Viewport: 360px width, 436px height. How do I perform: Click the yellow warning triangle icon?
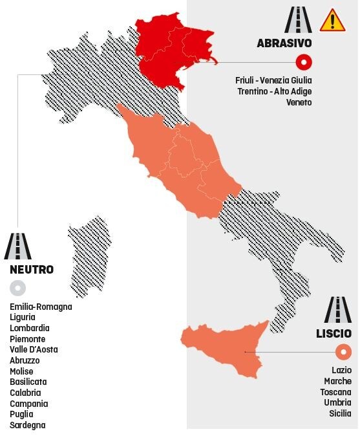(332, 20)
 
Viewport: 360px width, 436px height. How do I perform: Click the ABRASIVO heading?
(284, 43)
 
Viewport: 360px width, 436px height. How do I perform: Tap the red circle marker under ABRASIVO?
(304, 62)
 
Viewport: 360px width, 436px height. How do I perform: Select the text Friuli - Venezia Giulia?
(273, 80)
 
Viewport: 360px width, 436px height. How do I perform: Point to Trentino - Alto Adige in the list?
(275, 91)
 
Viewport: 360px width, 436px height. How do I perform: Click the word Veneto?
(299, 102)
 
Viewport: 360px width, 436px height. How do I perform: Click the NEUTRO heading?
(32, 269)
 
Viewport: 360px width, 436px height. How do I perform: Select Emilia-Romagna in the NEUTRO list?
(41, 307)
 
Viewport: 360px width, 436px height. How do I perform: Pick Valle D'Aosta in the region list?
(34, 349)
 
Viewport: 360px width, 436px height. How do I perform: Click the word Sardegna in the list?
(28, 425)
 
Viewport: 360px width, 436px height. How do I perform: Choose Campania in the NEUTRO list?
(28, 404)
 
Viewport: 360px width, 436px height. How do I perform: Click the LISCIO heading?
(334, 334)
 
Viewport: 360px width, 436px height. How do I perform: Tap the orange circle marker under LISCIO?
(343, 352)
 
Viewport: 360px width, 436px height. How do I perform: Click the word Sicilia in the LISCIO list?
(339, 413)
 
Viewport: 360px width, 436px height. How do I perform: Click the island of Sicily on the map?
(226, 349)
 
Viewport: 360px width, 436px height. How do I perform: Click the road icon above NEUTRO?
(17, 246)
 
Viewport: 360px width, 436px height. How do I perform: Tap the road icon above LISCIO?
(337, 311)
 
